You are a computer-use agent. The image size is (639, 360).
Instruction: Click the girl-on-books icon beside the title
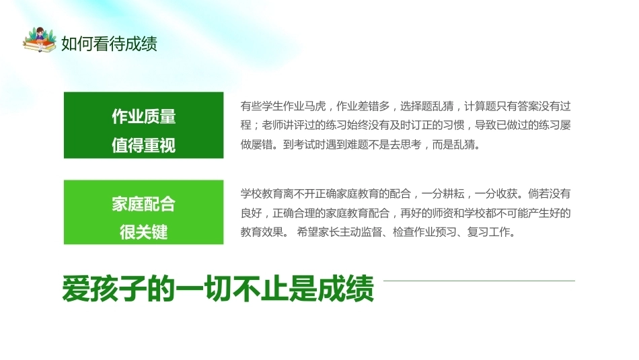click(x=39, y=40)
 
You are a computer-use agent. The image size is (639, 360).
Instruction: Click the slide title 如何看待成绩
click(x=109, y=44)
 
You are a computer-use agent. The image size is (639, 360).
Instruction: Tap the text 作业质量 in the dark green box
click(x=143, y=116)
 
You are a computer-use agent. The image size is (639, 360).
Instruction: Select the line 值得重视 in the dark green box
click(x=143, y=145)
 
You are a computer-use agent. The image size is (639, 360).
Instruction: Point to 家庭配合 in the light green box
click(x=143, y=204)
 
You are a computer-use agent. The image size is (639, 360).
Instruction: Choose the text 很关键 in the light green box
click(x=143, y=232)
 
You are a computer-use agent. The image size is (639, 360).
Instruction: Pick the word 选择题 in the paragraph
click(x=416, y=106)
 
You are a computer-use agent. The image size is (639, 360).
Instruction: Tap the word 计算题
click(x=480, y=106)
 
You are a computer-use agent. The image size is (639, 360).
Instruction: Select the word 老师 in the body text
click(x=272, y=125)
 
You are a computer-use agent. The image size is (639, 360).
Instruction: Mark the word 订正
click(x=421, y=125)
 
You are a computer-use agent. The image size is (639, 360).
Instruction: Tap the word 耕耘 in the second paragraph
click(x=453, y=194)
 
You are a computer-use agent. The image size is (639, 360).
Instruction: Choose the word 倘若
click(x=539, y=194)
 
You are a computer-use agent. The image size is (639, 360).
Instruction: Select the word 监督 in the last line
click(x=371, y=232)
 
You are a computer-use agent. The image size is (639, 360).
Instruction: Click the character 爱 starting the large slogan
click(x=76, y=289)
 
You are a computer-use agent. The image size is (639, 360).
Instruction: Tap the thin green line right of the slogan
click(x=479, y=281)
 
